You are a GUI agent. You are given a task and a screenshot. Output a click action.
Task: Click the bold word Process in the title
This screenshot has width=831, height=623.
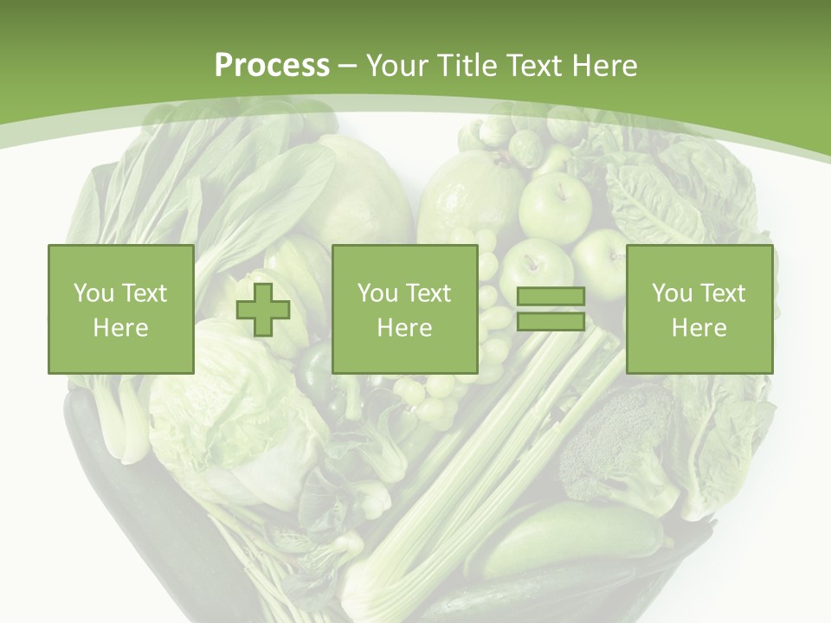[x=272, y=66]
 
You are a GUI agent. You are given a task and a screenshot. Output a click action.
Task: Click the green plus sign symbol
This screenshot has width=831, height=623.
[x=263, y=310]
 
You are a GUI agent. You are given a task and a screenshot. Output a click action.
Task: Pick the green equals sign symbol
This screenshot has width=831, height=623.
[x=551, y=309]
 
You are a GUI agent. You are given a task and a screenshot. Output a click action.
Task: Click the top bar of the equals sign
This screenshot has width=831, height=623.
[x=551, y=297]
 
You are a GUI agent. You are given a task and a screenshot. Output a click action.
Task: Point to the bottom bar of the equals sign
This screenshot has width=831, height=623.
[x=551, y=321]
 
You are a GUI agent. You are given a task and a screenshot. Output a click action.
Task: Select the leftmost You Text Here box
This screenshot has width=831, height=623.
[x=120, y=309]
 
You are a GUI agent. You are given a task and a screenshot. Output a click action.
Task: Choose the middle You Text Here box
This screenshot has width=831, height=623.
[x=404, y=309]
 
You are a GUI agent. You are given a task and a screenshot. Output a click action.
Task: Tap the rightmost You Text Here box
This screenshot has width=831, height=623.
[x=699, y=309]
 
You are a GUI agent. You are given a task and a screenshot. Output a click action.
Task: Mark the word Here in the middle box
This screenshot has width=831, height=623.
[x=404, y=328]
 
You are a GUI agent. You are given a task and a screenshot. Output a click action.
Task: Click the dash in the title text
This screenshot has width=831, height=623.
[x=348, y=66]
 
